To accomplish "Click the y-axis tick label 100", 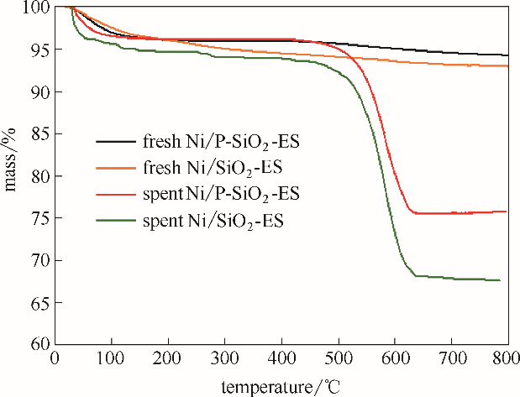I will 37,8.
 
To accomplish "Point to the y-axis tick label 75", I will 40,218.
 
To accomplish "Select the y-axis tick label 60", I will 40,344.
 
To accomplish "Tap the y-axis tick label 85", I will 40,133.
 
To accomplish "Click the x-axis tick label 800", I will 507,360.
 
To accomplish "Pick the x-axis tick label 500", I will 339,360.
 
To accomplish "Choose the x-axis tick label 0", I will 55,360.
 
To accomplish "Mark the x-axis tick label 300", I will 225,360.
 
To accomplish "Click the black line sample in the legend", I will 117,141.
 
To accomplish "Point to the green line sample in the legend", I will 117,222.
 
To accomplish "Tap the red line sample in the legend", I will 117,195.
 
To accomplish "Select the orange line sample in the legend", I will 117,168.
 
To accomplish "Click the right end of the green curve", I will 501,280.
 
